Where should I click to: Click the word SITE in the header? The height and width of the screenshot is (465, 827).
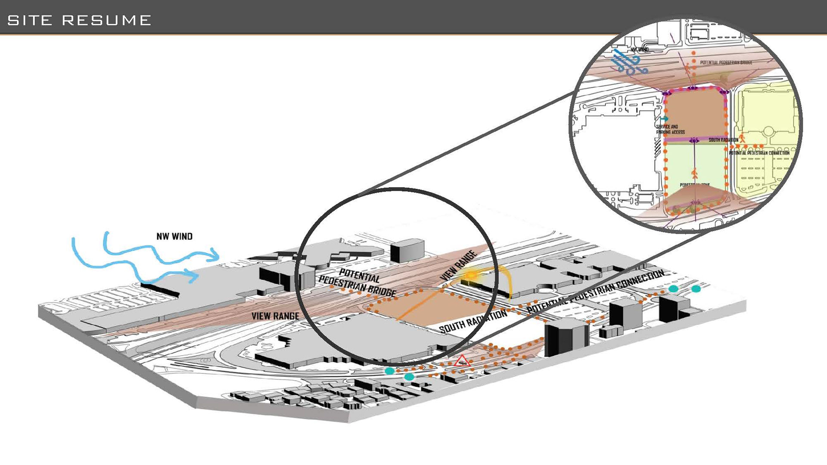coord(30,20)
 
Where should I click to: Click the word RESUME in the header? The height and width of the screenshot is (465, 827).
coord(106,20)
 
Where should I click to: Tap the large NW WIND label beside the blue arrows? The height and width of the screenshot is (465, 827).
coord(174,236)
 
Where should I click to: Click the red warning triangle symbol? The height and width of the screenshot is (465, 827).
coord(462,361)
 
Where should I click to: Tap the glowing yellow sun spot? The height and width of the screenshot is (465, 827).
coord(472,275)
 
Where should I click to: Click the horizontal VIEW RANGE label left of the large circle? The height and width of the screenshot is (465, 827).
coord(275,316)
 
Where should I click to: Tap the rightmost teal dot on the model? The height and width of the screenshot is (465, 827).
coord(696,289)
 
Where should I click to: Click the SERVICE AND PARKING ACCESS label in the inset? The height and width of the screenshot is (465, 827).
coord(670,130)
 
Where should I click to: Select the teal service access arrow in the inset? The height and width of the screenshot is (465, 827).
coord(664,118)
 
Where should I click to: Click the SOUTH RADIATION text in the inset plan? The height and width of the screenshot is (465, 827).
coord(723,140)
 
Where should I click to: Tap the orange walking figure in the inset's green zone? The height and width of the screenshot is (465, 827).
coord(694,174)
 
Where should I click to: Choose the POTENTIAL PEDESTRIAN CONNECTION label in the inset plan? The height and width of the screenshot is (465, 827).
coord(759,153)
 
